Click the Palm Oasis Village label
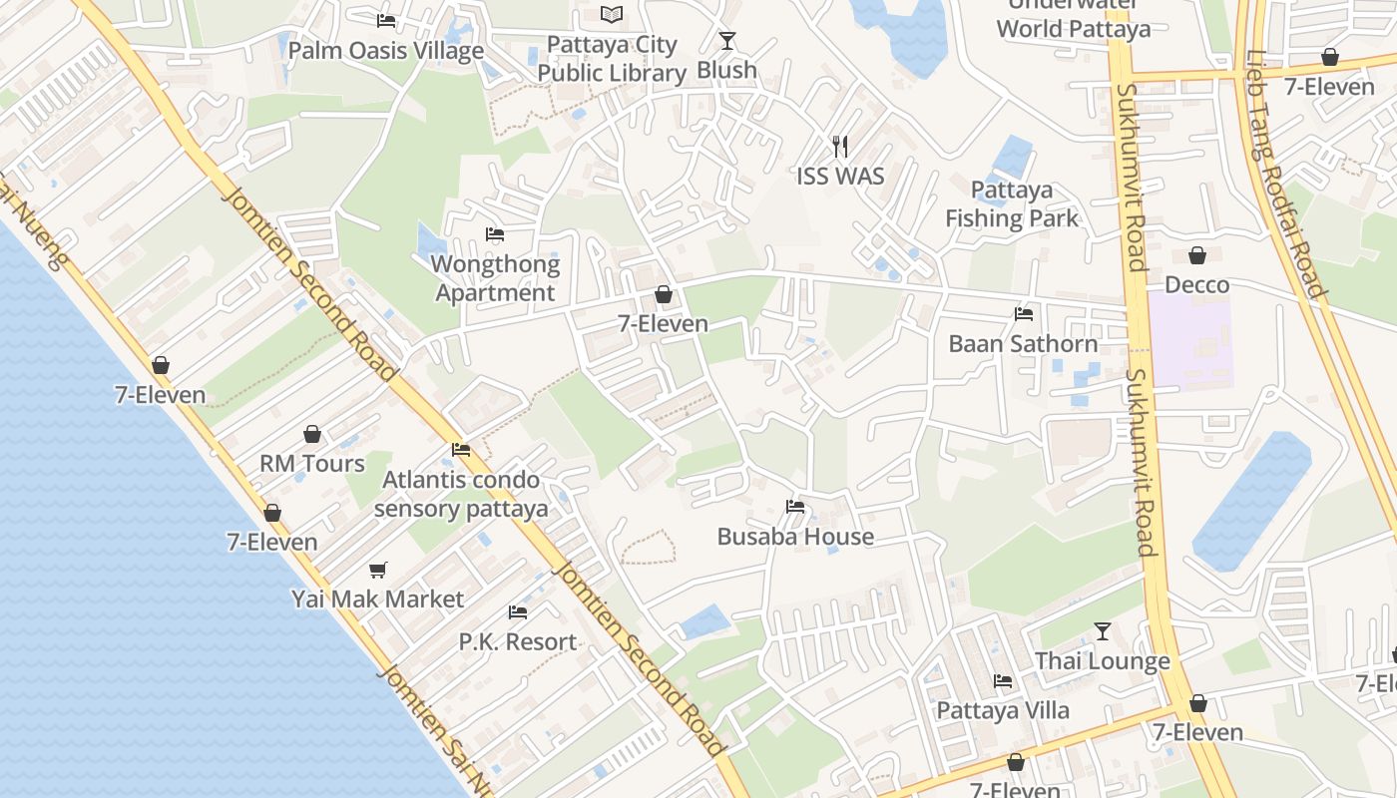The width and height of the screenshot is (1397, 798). click(x=386, y=51)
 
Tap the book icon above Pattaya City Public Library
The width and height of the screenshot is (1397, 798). click(x=612, y=14)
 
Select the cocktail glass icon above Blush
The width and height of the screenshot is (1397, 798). click(x=727, y=41)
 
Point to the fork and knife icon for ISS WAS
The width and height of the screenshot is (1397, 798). click(x=840, y=147)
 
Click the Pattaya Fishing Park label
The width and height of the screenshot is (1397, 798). click(x=1012, y=204)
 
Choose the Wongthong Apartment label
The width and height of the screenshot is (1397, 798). click(x=495, y=278)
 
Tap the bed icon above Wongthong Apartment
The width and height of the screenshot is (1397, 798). click(x=495, y=235)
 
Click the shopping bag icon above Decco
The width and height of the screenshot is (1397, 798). click(x=1197, y=256)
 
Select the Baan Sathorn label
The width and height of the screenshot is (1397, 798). click(x=1023, y=344)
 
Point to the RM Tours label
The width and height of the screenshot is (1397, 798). click(x=312, y=464)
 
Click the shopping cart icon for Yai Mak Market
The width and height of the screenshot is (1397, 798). click(x=377, y=570)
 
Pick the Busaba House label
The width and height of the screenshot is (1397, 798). click(x=795, y=537)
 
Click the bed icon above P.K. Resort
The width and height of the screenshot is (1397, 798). click(x=517, y=612)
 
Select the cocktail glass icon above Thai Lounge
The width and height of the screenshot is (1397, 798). click(x=1103, y=631)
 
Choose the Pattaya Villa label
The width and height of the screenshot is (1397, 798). click(x=1003, y=710)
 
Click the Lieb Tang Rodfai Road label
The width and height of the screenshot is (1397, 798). click(x=1286, y=175)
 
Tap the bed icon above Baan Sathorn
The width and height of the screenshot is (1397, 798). click(x=1024, y=314)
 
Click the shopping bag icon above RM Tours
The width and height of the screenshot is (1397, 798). click(x=312, y=434)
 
